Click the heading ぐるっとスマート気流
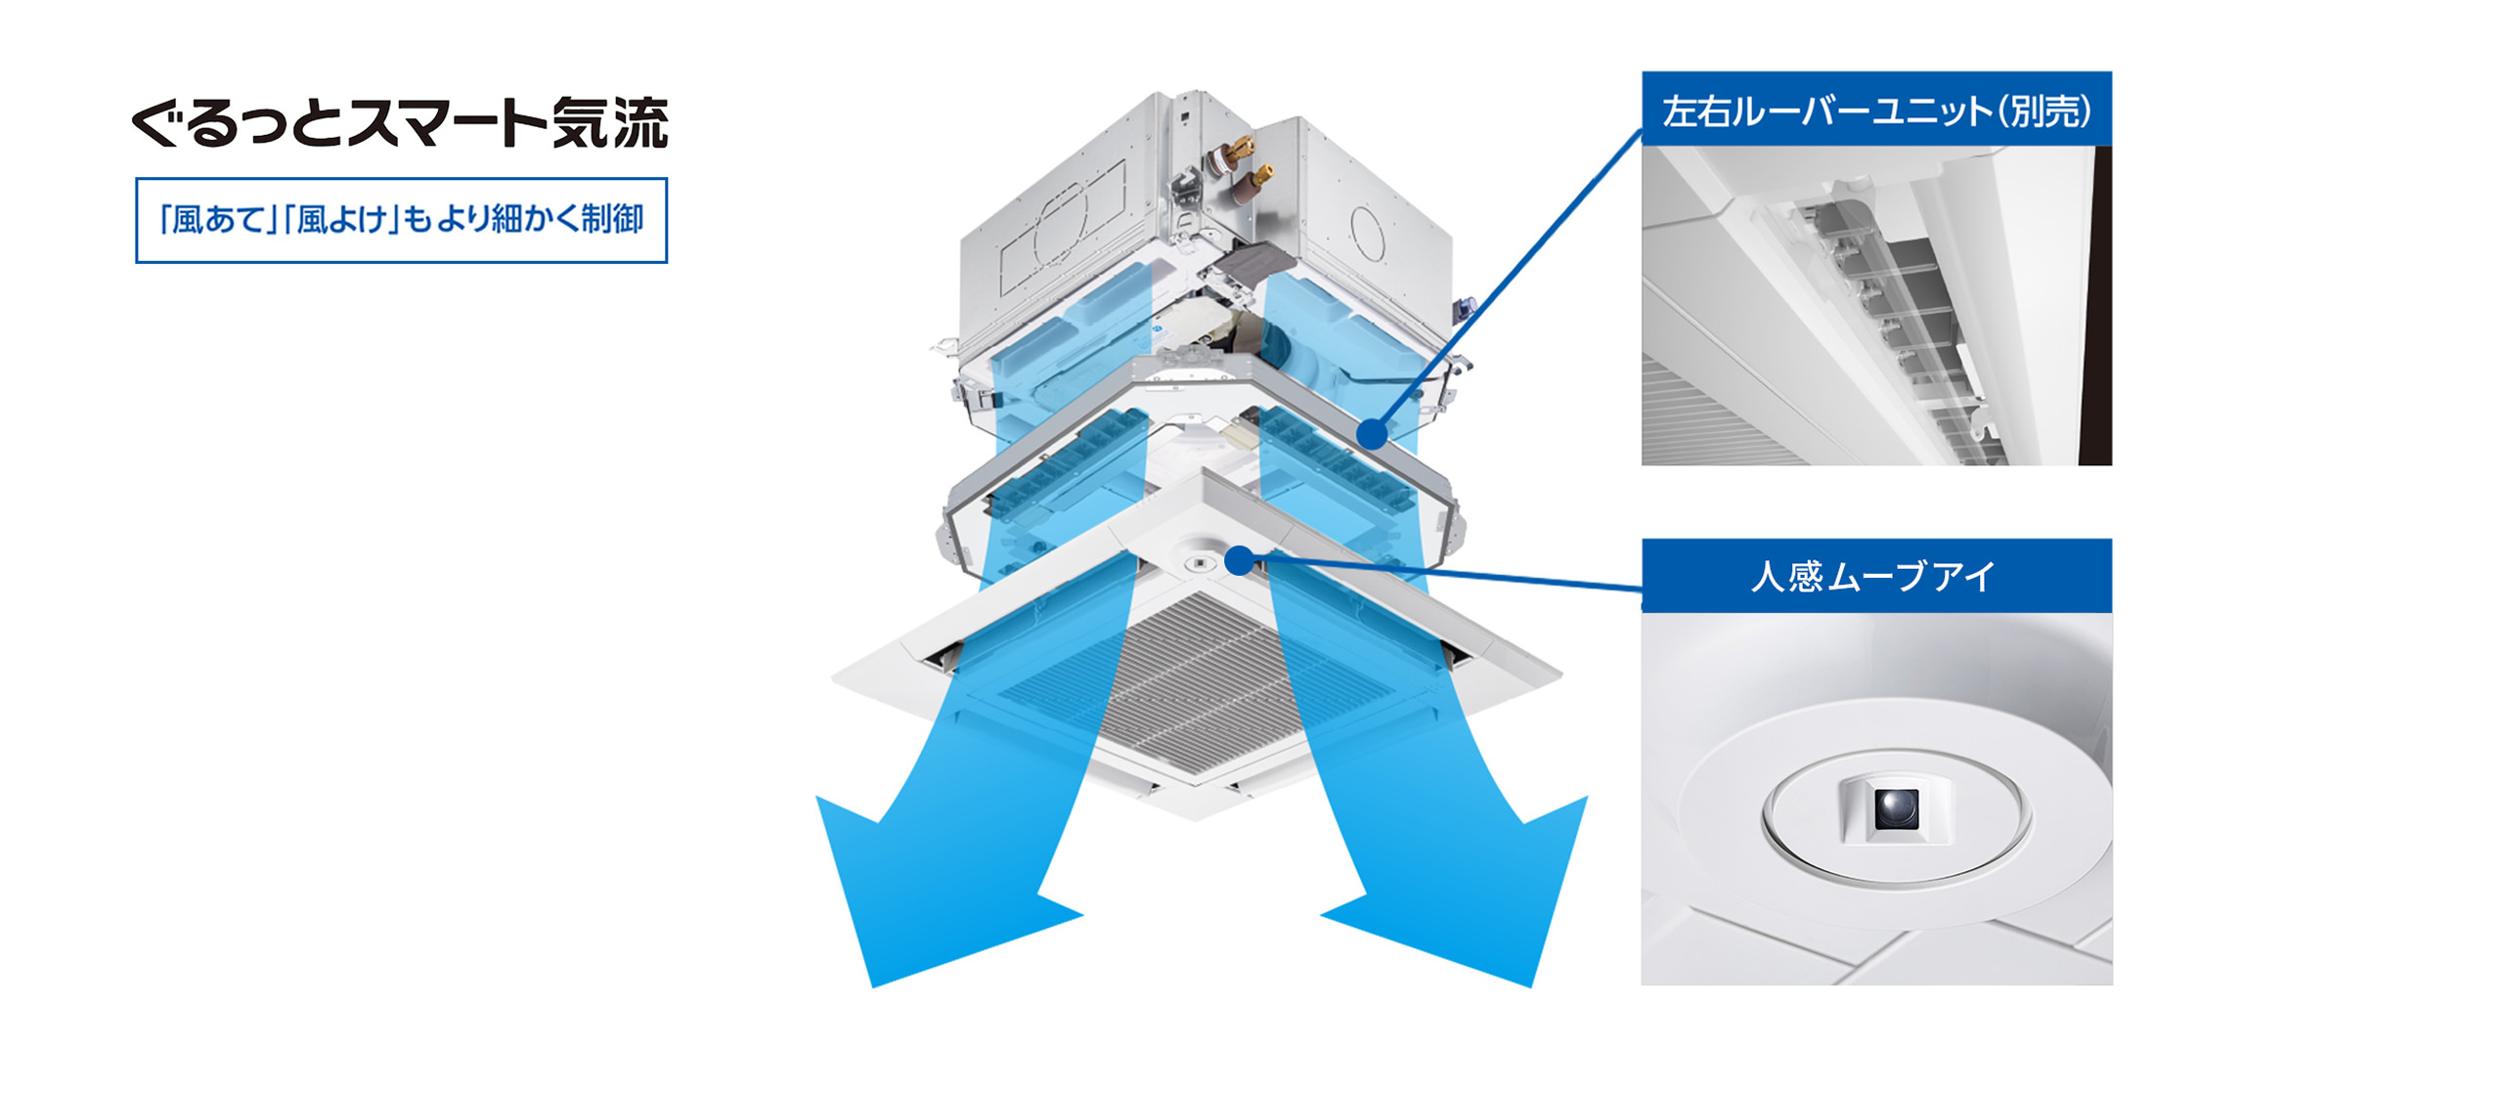[x=400, y=123]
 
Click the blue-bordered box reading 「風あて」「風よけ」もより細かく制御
[x=401, y=220]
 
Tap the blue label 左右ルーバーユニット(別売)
[x=1876, y=109]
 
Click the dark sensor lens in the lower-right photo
[x=1896, y=808]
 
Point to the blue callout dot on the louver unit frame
[x=1373, y=433]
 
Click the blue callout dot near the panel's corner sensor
[x=1239, y=560]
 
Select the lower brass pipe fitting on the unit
[x=1254, y=182]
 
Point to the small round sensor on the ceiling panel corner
[x=1199, y=564]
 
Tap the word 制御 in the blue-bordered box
[x=611, y=219]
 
